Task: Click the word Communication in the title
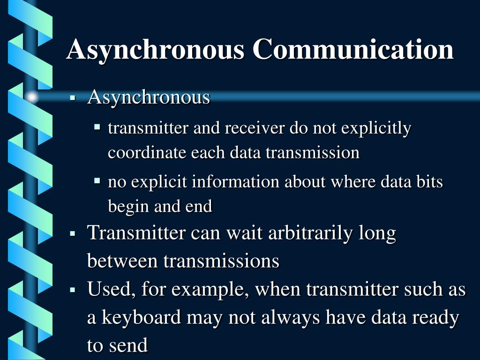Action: pos(353,49)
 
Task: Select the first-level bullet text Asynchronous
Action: pos(149,97)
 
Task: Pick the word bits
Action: pos(429,182)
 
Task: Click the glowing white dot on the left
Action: pos(32,97)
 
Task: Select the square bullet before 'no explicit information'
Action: pos(97,180)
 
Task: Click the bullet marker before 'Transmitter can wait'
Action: pos(73,233)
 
